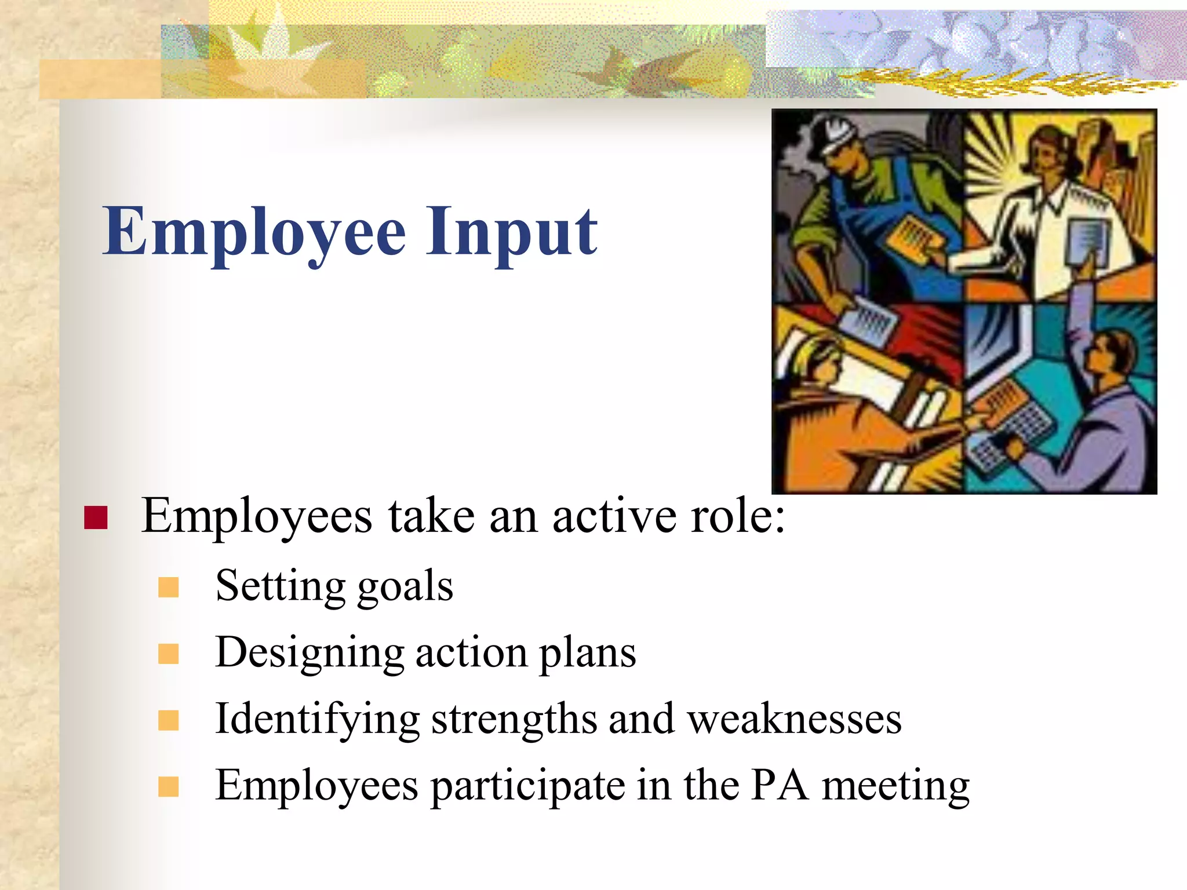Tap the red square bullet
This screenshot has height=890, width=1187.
click(96, 517)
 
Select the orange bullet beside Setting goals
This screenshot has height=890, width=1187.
click(168, 588)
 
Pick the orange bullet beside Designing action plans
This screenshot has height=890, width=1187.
click(168, 654)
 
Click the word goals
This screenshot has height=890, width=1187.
click(405, 586)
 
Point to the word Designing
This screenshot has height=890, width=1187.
click(310, 653)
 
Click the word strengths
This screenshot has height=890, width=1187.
click(514, 719)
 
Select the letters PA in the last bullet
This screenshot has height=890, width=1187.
click(780, 786)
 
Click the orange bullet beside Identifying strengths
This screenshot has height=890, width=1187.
click(168, 721)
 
